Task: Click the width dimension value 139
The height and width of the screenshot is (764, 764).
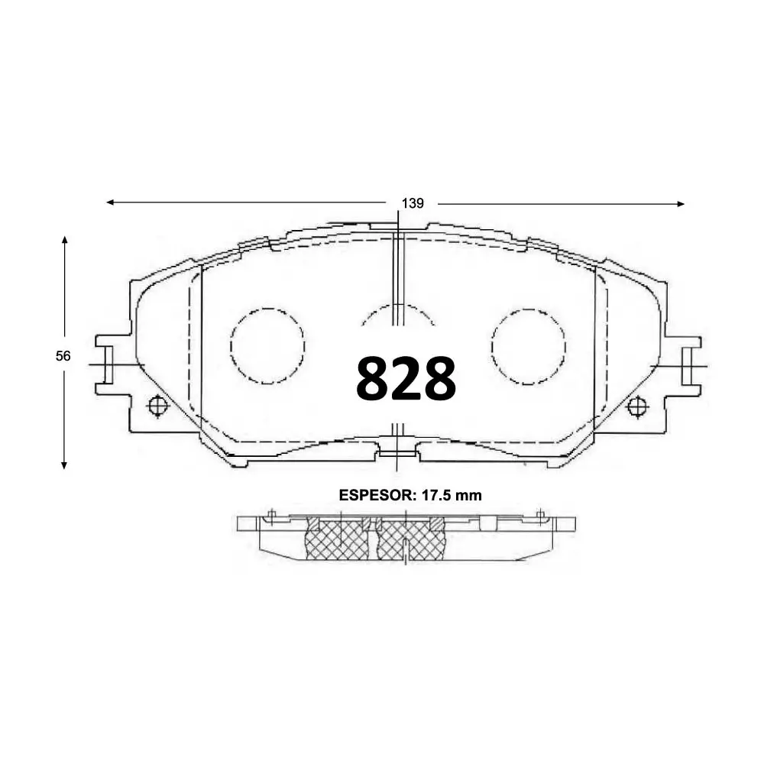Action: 412,203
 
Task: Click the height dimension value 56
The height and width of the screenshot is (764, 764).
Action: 63,356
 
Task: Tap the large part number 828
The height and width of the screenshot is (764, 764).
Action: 406,378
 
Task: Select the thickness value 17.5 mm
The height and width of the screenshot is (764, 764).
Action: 451,495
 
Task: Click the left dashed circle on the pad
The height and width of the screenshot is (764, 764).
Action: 267,345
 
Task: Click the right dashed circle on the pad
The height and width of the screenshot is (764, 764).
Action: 529,345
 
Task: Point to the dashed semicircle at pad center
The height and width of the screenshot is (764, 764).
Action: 398,315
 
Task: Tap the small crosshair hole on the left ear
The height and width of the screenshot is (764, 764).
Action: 157,406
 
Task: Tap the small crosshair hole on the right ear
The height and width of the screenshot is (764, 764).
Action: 636,406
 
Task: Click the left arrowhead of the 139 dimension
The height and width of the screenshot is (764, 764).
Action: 110,202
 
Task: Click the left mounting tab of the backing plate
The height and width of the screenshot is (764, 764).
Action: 107,364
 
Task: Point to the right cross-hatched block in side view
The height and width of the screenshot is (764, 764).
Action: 410,539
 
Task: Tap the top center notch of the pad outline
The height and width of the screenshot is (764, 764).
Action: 398,227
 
